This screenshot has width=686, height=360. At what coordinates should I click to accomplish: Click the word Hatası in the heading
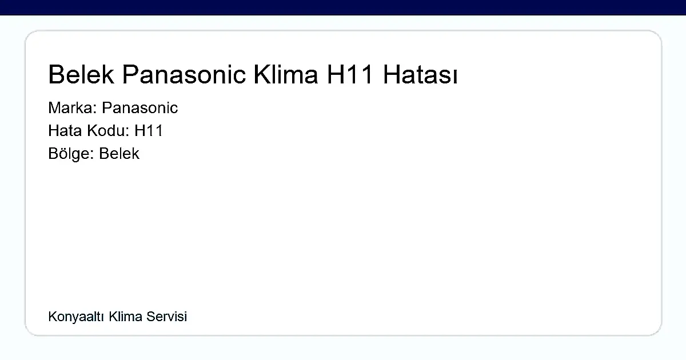click(420, 75)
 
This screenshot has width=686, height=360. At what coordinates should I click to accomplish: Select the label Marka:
click(73, 108)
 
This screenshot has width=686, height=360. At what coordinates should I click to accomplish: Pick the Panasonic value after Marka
click(140, 108)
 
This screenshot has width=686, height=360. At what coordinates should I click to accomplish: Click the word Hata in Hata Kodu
click(65, 131)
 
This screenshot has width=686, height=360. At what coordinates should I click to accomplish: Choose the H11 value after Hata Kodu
click(149, 131)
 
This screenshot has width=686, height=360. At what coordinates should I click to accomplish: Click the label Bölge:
click(71, 154)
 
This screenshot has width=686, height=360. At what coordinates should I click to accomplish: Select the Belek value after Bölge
click(119, 154)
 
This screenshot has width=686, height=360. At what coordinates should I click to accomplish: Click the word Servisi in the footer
click(167, 317)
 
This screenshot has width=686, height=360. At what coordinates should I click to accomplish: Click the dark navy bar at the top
click(343, 7)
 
